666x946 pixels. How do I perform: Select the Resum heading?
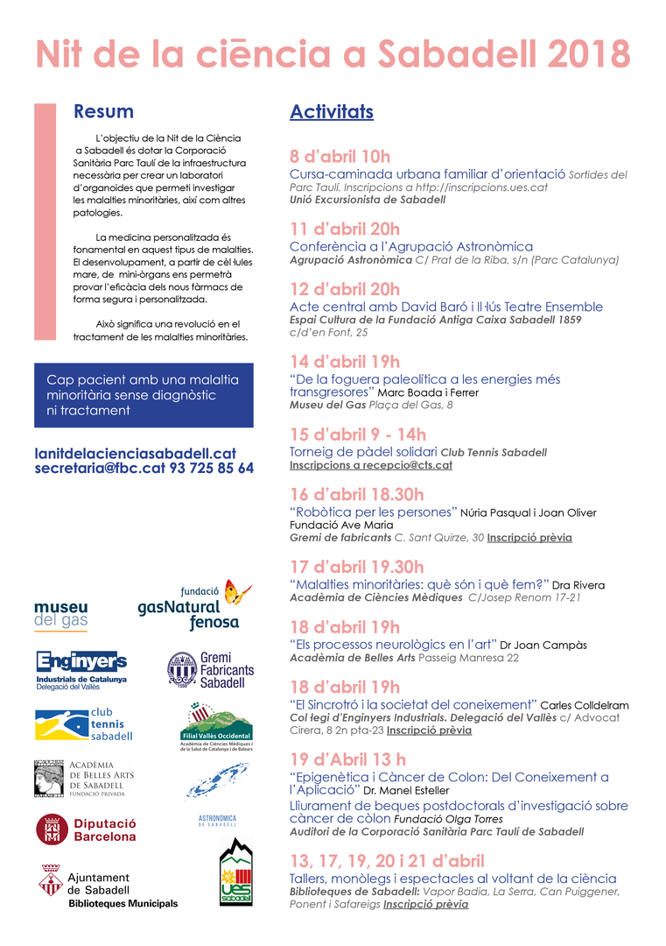[103, 111]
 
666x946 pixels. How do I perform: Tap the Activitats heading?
[332, 112]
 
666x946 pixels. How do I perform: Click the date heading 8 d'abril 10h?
[340, 157]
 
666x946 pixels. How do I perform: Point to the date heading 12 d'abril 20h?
[345, 289]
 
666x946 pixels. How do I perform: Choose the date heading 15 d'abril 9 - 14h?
[358, 434]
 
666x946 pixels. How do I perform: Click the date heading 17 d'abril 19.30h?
[356, 567]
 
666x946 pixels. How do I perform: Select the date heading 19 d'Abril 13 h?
[347, 759]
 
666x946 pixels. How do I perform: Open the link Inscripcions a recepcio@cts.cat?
[371, 465]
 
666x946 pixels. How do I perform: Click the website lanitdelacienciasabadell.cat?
[136, 453]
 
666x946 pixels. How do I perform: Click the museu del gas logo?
[60, 615]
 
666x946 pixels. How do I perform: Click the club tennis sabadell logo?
[83, 724]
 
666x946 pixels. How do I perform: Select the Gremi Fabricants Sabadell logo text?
[227, 670]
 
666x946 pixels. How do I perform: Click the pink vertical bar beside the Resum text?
[45, 222]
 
